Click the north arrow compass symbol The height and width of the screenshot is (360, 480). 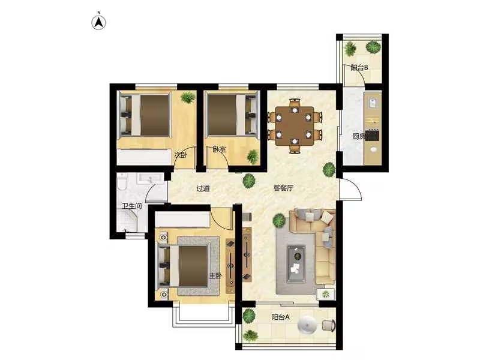click(x=99, y=22)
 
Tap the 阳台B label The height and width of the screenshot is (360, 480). click(x=359, y=68)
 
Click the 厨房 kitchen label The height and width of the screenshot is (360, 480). click(x=359, y=136)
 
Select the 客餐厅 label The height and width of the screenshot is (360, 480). click(x=283, y=188)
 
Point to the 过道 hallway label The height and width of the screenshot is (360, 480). click(x=203, y=188)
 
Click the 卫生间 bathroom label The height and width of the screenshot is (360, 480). click(x=132, y=206)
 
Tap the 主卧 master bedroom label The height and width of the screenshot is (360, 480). click(x=215, y=275)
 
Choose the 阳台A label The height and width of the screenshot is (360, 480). click(x=280, y=317)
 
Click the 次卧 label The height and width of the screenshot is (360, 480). click(x=181, y=155)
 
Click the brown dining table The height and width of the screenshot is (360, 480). click(x=295, y=126)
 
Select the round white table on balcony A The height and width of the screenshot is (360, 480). click(x=307, y=325)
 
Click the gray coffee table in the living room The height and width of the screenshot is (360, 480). click(x=296, y=263)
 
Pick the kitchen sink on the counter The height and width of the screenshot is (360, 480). click(x=372, y=103)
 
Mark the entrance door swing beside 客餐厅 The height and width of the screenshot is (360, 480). click(x=351, y=189)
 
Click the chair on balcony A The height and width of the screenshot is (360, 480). click(x=329, y=325)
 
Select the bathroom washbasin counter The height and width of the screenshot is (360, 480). click(x=150, y=178)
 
